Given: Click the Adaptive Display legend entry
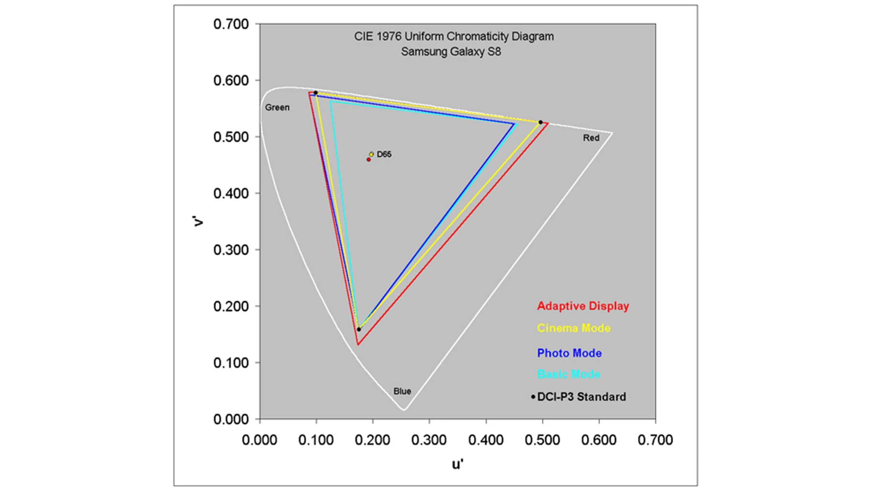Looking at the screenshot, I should pyautogui.click(x=583, y=306).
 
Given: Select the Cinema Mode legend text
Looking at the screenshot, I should pyautogui.click(x=573, y=328).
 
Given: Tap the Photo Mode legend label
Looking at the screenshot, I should pyautogui.click(x=569, y=353).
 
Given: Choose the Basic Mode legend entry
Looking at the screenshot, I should pyautogui.click(x=569, y=374).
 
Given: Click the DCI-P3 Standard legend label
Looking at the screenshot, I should pyautogui.click(x=581, y=397).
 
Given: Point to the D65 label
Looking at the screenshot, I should pyautogui.click(x=384, y=154).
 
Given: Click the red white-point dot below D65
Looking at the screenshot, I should pyautogui.click(x=369, y=160).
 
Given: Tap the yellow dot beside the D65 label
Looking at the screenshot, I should pyautogui.click(x=372, y=154).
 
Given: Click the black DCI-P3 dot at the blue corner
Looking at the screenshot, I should pyautogui.click(x=359, y=329).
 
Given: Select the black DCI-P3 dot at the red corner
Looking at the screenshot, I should pyautogui.click(x=541, y=122).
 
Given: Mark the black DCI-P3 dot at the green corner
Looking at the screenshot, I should pyautogui.click(x=315, y=93).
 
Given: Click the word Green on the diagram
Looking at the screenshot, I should pyautogui.click(x=277, y=108).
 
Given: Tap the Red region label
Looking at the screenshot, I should pyautogui.click(x=591, y=138).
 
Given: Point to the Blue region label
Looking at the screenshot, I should pyautogui.click(x=402, y=391).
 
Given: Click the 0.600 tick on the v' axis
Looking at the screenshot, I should pyautogui.click(x=231, y=81).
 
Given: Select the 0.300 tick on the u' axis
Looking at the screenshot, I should pyautogui.click(x=429, y=440).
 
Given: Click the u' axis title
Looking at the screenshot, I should pyautogui.click(x=457, y=465).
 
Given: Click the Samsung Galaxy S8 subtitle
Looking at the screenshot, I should pyautogui.click(x=451, y=52).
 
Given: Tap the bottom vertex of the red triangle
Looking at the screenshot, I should pyautogui.click(x=358, y=344).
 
